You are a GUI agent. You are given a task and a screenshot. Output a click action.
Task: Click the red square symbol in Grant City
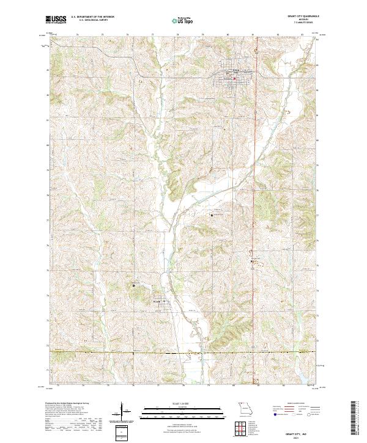[x=234, y=77]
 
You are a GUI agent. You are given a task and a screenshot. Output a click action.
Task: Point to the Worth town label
[x=157, y=299]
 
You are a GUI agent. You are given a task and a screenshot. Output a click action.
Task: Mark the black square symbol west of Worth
[x=133, y=285]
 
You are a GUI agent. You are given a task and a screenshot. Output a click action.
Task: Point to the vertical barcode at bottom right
[x=354, y=420]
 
